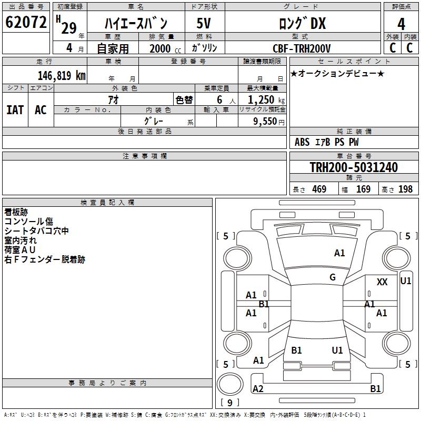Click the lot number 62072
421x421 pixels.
(26, 23)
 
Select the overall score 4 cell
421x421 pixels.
(402, 24)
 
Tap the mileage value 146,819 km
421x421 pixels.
(62, 75)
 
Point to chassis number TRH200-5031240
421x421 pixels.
(353, 167)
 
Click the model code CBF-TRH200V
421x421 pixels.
(302, 48)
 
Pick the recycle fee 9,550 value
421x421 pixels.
(262, 122)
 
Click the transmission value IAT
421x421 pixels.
(15, 110)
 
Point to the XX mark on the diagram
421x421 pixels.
(382, 282)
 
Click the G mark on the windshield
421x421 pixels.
(333, 277)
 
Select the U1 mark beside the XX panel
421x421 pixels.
(406, 281)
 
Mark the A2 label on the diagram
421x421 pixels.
(258, 389)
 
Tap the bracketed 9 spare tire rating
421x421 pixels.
(229, 403)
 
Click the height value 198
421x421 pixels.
(405, 189)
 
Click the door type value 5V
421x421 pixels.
(204, 24)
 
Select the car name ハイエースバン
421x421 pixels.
(136, 24)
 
